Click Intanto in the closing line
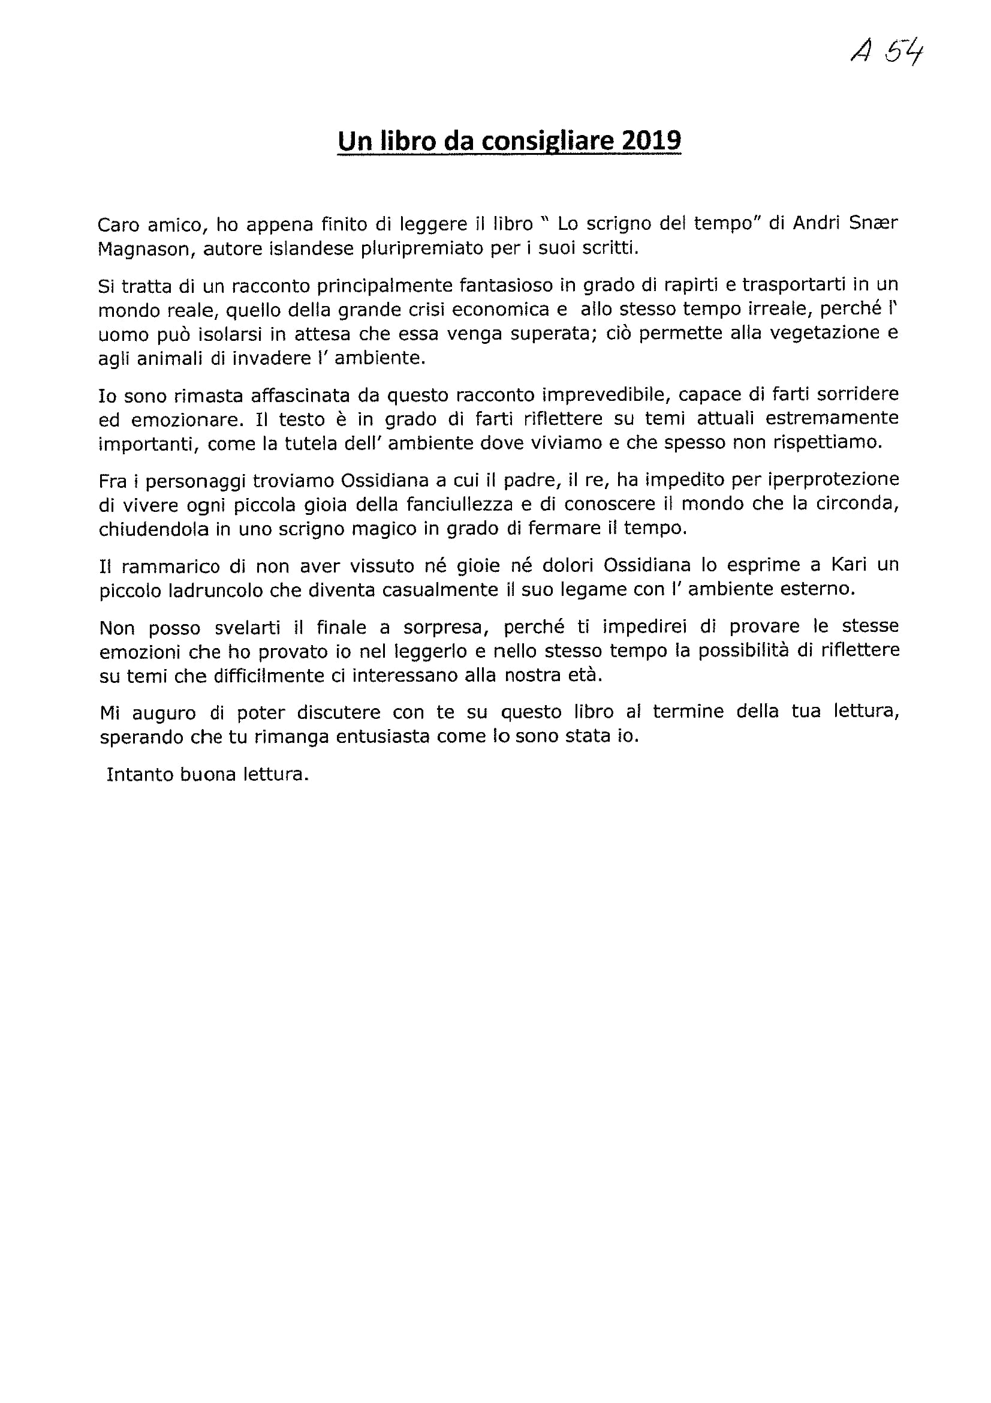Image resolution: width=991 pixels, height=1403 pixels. click(x=138, y=774)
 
